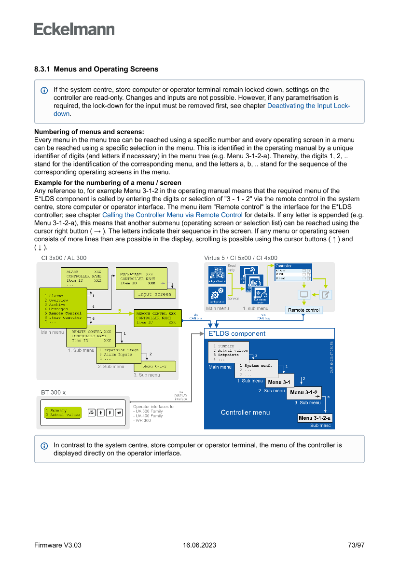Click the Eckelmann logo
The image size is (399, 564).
(74, 29)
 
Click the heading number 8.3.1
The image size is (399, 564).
(42, 69)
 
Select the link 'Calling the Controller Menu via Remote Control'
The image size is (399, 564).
(172, 215)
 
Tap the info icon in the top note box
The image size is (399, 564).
(44, 90)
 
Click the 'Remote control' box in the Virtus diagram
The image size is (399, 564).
(304, 310)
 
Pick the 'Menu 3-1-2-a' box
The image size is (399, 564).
(315, 418)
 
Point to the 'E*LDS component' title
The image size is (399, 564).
(236, 333)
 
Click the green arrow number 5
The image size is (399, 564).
(119, 310)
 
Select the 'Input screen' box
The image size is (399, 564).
(154, 294)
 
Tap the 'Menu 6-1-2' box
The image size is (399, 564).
(154, 366)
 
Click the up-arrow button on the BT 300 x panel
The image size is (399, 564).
(100, 413)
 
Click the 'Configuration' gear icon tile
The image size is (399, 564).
(216, 295)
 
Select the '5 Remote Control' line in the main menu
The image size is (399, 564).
(66, 313)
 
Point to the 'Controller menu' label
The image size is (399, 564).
(245, 412)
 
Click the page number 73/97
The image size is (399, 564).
(356, 545)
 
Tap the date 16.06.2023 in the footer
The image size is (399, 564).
(199, 545)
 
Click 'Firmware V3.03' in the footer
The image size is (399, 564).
(57, 545)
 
